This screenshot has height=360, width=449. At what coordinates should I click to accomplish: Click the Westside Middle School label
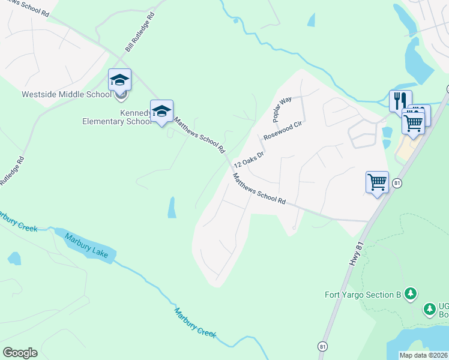click(x=66, y=94)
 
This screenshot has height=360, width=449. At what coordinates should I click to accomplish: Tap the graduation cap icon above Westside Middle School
click(x=119, y=79)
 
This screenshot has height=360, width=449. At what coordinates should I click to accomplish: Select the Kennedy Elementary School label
click(x=116, y=116)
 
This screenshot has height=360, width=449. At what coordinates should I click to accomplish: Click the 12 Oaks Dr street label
click(x=249, y=155)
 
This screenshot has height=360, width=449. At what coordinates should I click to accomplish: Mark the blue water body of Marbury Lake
click(x=66, y=236)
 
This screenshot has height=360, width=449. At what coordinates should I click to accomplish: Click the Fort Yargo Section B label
click(x=363, y=295)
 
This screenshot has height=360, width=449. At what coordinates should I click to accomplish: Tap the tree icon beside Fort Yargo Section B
click(x=411, y=293)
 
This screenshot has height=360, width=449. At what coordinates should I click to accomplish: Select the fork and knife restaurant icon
click(x=400, y=100)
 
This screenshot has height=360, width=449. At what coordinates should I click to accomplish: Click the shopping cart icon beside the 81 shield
click(x=377, y=181)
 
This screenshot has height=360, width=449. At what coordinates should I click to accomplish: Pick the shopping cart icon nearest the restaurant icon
click(x=413, y=122)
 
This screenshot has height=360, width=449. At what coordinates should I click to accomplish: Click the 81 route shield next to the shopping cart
click(x=397, y=182)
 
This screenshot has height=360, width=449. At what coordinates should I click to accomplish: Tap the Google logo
click(x=20, y=353)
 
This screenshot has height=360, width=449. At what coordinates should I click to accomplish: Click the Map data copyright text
click(x=423, y=355)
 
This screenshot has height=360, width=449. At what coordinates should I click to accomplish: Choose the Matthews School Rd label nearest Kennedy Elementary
click(x=199, y=134)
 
